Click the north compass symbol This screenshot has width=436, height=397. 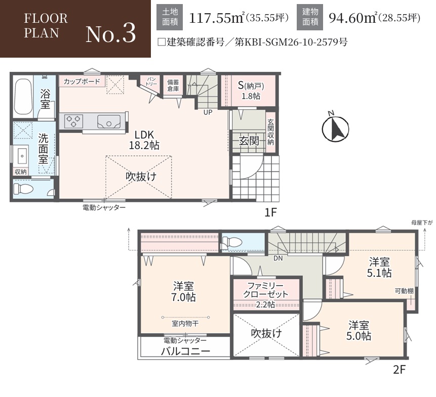click(335, 128)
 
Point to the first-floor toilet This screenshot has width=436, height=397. click(24, 189)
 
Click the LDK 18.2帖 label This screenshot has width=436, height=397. click(144, 140)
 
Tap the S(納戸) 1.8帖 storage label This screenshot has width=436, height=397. click(251, 91)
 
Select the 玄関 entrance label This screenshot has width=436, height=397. click(249, 141)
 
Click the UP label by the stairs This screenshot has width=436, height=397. click(208, 112)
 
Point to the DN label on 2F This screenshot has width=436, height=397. click(278, 258)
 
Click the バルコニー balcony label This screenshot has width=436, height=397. click(186, 351)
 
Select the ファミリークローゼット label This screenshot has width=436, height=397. click(265, 290)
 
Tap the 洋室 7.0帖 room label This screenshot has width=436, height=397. click(183, 292)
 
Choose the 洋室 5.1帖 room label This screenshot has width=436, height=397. click(379, 268)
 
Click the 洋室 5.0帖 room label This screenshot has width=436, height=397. click(359, 331)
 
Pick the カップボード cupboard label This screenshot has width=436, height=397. click(82, 81)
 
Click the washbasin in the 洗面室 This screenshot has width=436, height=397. click(22, 156)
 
